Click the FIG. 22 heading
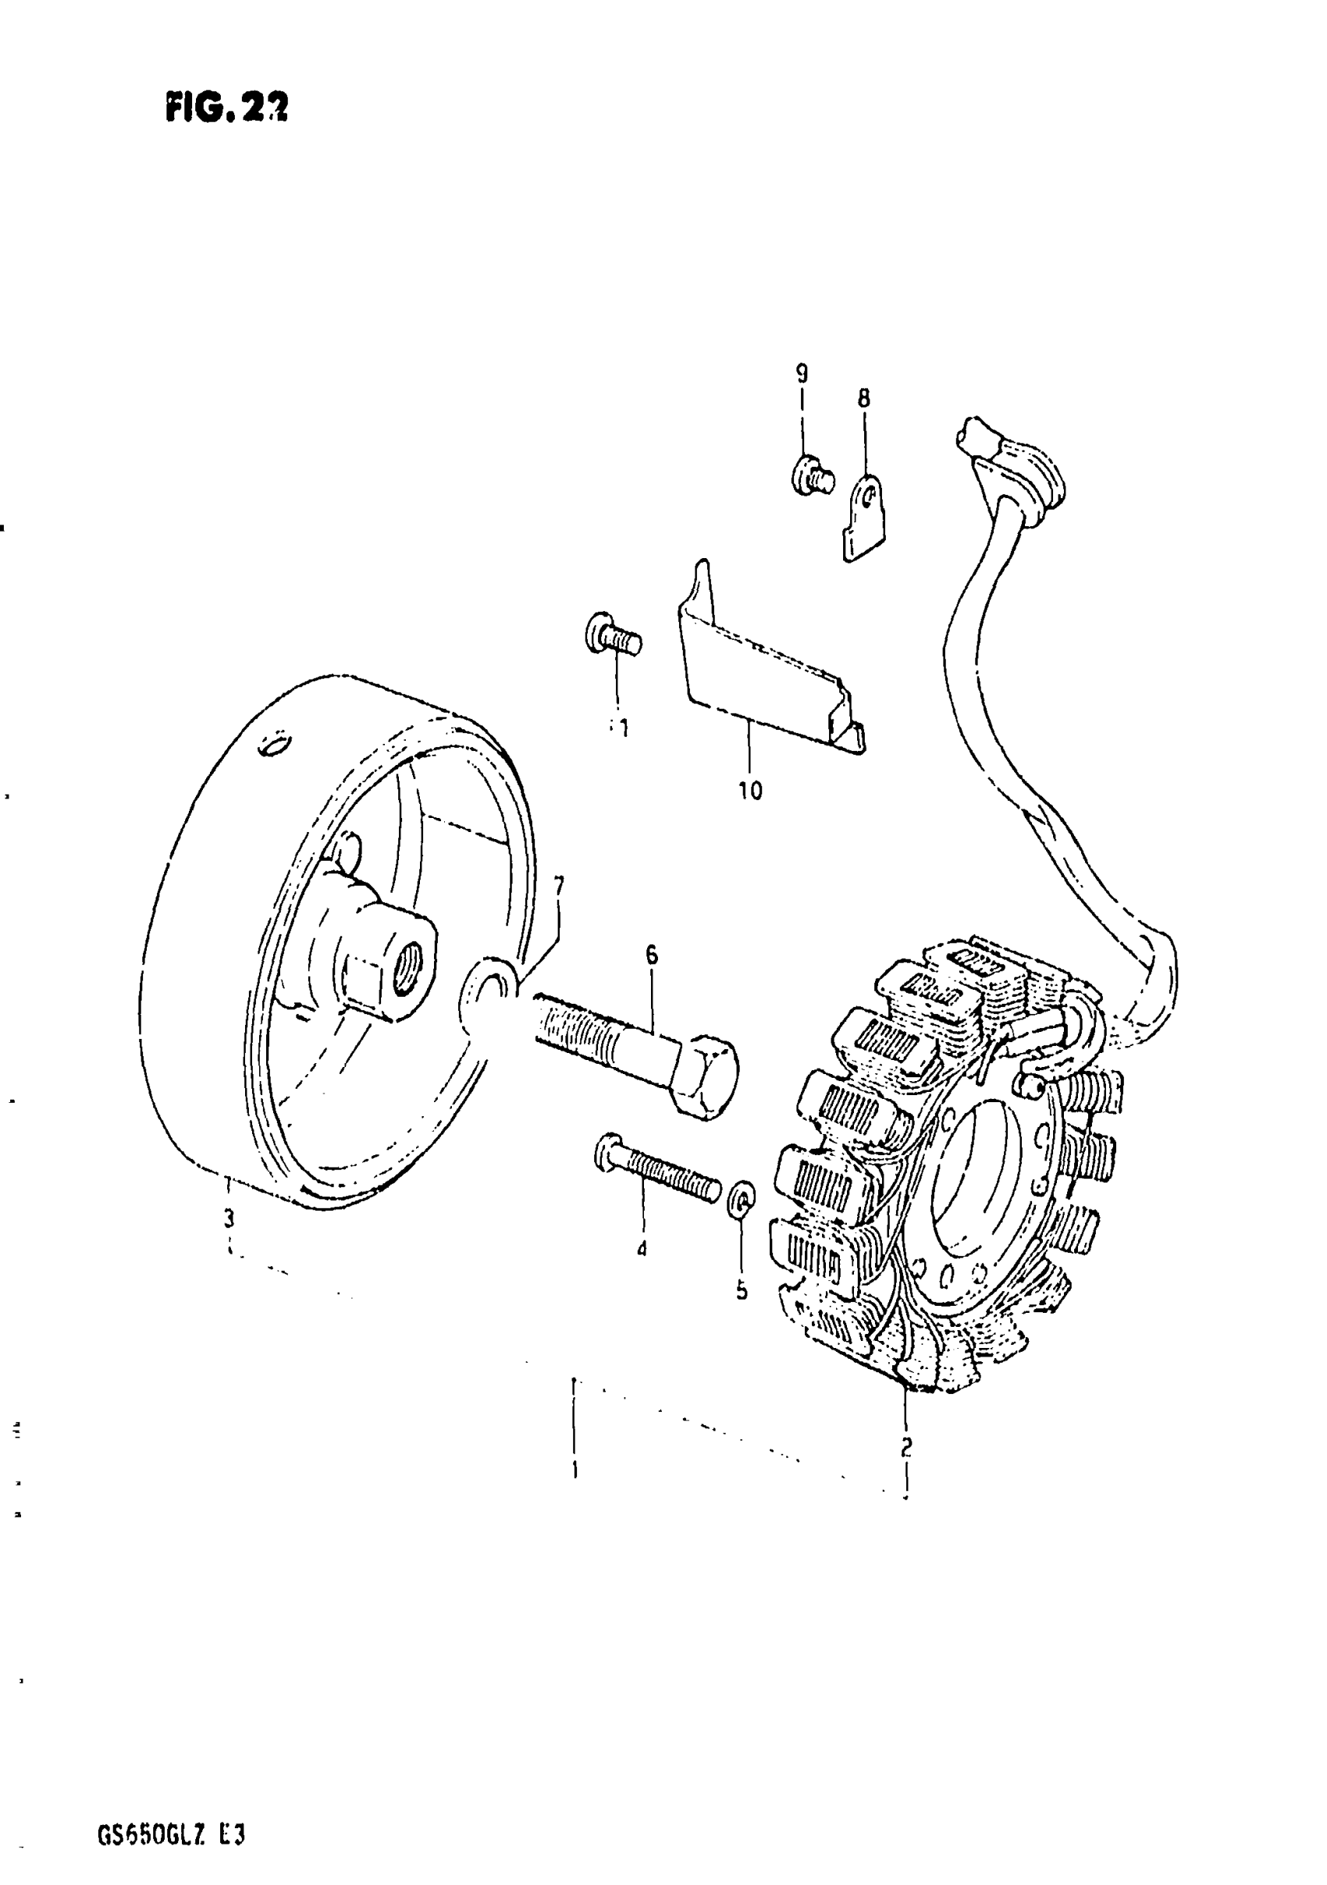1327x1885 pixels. (x=226, y=107)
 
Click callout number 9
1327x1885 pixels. (x=802, y=375)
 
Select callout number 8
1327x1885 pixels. (x=863, y=399)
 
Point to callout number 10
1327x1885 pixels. (x=749, y=791)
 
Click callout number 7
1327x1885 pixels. (x=559, y=887)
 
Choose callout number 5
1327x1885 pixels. (x=742, y=1290)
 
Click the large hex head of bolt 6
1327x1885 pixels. (x=706, y=1076)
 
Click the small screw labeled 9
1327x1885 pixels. (x=812, y=475)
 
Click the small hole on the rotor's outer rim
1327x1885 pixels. (x=273, y=744)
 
